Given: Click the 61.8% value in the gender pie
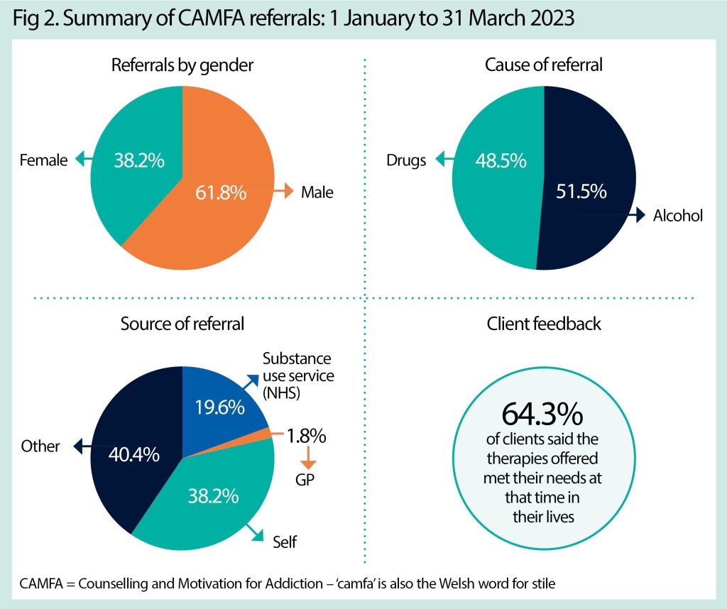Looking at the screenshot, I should coord(220,192).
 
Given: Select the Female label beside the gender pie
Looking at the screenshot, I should coord(44,160).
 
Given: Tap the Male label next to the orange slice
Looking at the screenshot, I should coord(317,192).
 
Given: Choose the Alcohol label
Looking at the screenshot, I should coord(677,215).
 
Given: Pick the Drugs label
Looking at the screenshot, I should coord(407,160).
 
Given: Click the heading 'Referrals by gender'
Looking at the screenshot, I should coord(182,65).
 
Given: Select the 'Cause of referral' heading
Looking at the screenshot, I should coord(543,65).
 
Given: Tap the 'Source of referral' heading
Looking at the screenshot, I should coord(182,324).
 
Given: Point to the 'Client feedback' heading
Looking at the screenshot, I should coord(543,324).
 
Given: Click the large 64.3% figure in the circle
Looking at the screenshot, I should coord(543,414).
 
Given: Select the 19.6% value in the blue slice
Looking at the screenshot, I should coord(219,407).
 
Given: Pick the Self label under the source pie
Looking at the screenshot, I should coord(285,543).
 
